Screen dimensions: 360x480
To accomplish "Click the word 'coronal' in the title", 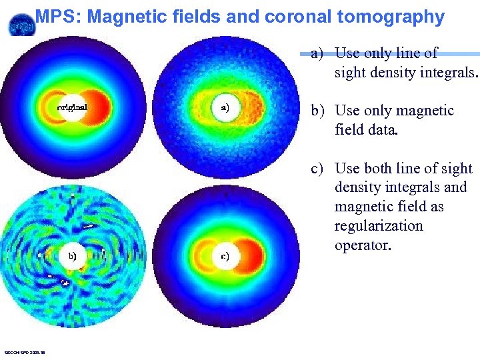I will [x=289, y=17].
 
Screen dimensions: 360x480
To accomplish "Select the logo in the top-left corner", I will [x=20, y=25].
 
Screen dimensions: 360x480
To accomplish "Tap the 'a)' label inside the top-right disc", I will [x=225, y=106].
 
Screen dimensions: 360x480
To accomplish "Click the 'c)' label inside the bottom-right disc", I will [x=225, y=255].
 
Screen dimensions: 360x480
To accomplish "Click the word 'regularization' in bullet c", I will [x=379, y=226].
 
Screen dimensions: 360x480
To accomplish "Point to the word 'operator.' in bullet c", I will [x=363, y=245].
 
